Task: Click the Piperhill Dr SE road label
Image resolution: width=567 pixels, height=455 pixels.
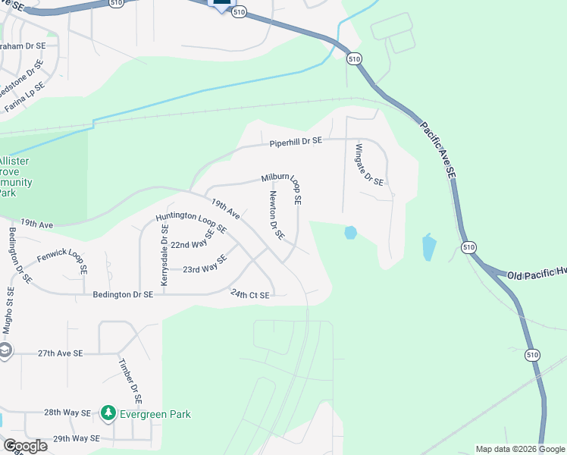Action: click(296, 142)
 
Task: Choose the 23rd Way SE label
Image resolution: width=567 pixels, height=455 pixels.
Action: click(205, 265)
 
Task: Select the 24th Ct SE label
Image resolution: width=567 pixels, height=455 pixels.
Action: click(250, 295)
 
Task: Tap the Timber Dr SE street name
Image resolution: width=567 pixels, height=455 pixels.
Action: click(130, 378)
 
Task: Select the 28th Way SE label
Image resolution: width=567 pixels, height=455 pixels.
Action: click(67, 413)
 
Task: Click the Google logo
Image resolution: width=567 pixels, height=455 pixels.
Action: click(24, 445)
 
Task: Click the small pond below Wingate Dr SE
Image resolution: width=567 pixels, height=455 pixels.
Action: click(350, 233)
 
